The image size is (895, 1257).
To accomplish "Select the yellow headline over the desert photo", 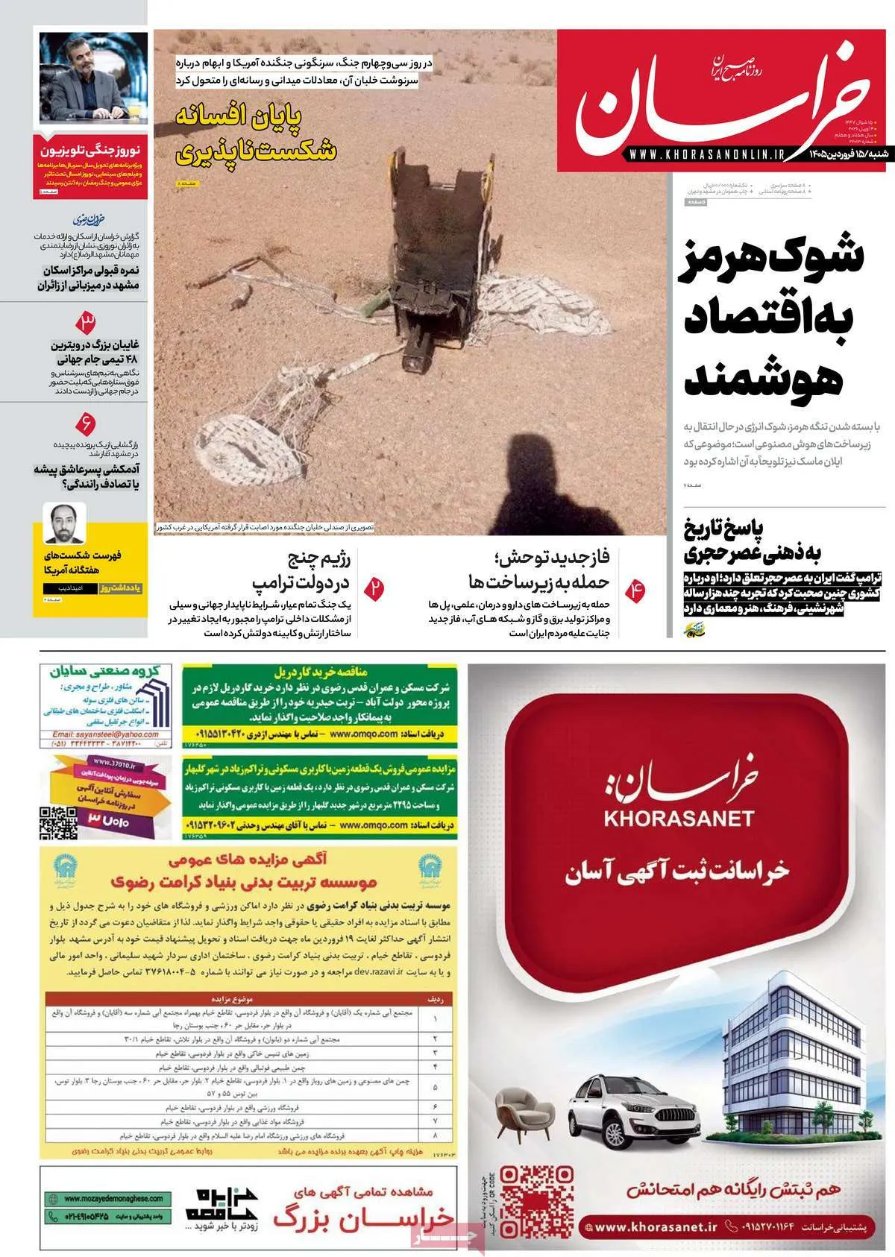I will (x=255, y=134).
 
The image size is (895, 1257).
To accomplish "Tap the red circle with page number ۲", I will (x=376, y=586).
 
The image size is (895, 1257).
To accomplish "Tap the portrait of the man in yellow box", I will (x=65, y=523).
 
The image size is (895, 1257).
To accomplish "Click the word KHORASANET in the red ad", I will (x=679, y=818).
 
